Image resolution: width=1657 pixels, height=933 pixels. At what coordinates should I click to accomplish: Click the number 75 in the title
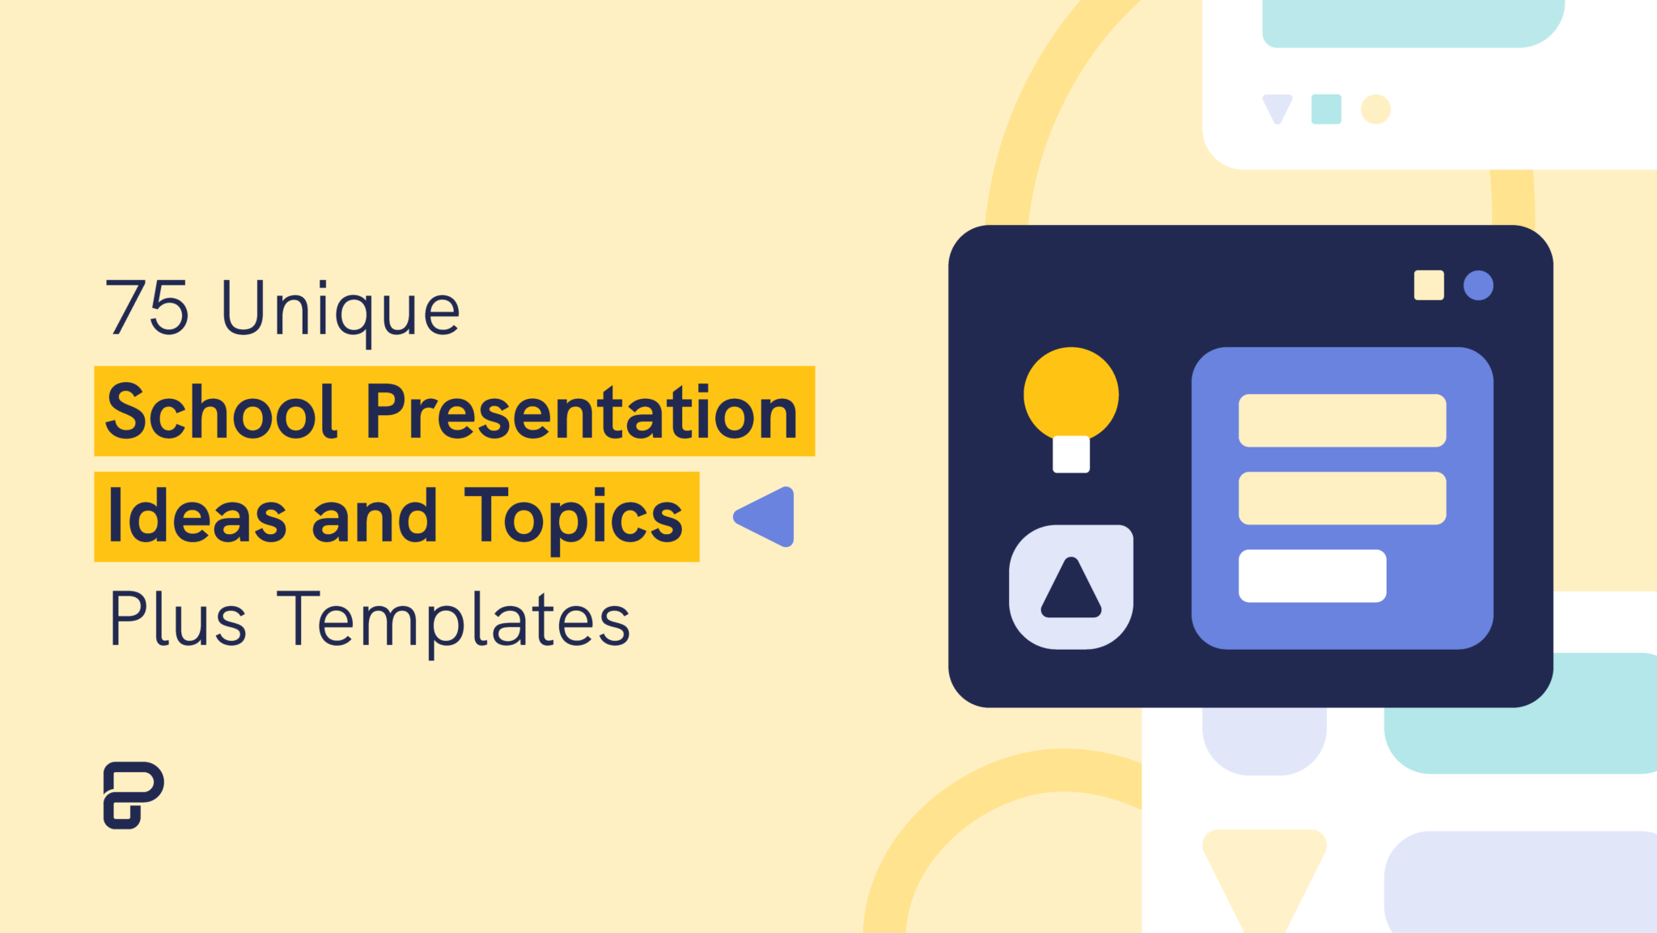click(147, 307)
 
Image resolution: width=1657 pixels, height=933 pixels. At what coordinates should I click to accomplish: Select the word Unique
click(341, 312)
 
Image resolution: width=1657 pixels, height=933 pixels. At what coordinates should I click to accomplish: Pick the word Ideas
click(197, 516)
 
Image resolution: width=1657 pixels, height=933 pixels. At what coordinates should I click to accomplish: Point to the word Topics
click(574, 520)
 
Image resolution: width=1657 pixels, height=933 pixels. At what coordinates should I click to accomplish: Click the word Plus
click(177, 619)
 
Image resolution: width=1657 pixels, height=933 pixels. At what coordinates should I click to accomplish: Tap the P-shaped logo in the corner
click(133, 795)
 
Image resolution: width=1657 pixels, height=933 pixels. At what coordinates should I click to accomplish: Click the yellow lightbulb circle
click(1071, 395)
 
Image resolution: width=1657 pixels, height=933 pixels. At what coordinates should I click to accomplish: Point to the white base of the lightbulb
click(1071, 455)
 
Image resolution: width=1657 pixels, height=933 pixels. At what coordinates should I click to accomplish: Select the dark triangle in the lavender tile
click(1071, 588)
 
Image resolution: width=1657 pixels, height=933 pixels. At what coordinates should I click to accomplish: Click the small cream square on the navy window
click(1429, 285)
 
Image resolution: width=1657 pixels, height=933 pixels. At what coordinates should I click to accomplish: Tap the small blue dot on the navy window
click(1478, 285)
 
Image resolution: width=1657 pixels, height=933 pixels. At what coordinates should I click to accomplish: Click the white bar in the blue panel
click(1312, 575)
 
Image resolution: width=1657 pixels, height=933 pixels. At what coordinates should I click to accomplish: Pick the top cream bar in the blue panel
click(1342, 420)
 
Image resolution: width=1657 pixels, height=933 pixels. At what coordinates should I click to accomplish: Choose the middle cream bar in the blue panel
click(1342, 498)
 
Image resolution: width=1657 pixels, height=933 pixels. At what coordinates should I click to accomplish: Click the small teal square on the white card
click(1326, 109)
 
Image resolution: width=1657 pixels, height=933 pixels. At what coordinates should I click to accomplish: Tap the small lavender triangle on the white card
click(1278, 107)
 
